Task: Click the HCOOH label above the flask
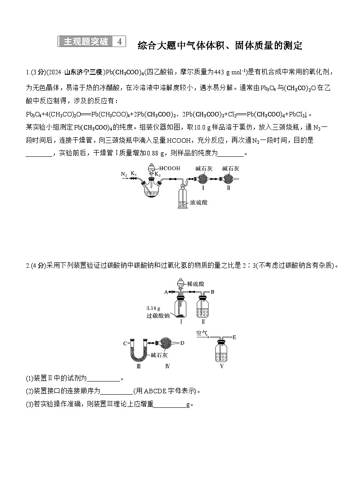point(170,168)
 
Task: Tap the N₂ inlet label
point(124,174)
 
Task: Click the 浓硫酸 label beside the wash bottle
point(199,203)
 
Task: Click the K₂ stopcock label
point(157,174)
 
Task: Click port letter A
point(166,291)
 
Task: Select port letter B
point(213,291)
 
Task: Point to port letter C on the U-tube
point(125,343)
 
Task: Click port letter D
point(182,343)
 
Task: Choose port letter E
point(234,337)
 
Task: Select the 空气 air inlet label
point(202,333)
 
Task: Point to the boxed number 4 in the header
point(119,42)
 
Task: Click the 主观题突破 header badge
point(86,42)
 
